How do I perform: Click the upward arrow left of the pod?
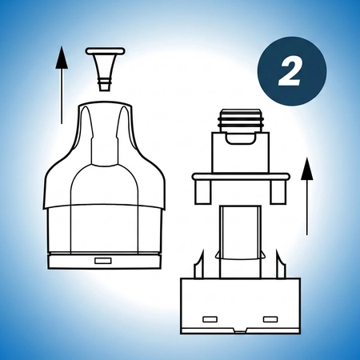click(x=61, y=88)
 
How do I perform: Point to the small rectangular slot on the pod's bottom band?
click(x=102, y=261)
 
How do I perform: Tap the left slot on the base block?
click(x=211, y=318)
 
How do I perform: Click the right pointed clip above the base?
click(x=280, y=264)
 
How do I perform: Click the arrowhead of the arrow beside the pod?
click(x=61, y=54)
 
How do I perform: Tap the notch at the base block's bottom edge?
click(x=240, y=330)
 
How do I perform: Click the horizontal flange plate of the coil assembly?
click(x=239, y=176)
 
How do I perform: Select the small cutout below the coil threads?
click(x=239, y=142)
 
